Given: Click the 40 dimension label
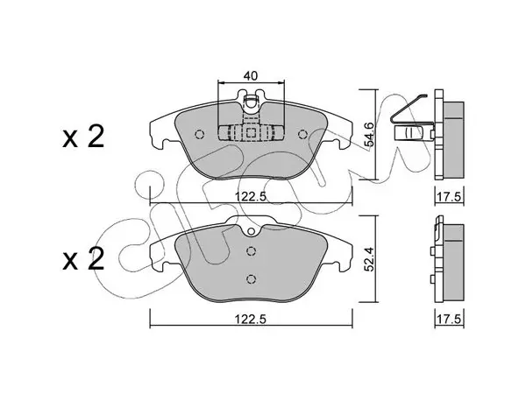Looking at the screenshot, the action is coord(251,75).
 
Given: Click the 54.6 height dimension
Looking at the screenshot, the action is coord(369,134).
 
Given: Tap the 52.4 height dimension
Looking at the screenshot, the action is coord(369,258).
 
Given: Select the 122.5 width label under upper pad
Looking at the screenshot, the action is coord(250,197).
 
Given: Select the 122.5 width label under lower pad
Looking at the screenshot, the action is coord(250,320).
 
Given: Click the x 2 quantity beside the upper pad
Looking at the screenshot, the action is coord(83,137).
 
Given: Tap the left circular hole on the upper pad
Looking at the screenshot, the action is coord(199,134).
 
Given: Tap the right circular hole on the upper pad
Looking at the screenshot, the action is coord(303,134).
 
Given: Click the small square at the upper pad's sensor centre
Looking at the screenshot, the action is coord(251,133).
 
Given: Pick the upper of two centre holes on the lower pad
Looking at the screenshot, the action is coord(251,251).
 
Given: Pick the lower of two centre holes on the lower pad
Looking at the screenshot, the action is coord(251,278).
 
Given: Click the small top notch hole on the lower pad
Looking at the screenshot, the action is coord(251,231).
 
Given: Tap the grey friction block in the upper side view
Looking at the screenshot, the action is coord(454,139).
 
